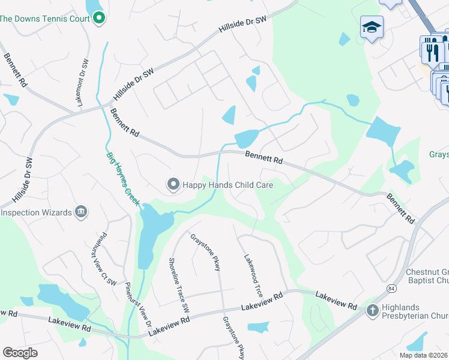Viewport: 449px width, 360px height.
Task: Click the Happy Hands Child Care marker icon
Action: (x=173, y=185)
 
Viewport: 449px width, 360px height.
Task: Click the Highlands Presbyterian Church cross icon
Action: (x=372, y=310)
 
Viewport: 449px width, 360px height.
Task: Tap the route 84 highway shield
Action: (x=391, y=280)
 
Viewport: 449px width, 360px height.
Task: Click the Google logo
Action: (x=20, y=353)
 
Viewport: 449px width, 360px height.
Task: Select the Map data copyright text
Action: (x=424, y=355)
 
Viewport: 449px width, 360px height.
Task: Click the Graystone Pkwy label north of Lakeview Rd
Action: (x=205, y=252)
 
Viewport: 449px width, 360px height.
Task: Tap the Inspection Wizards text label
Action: (x=36, y=212)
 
